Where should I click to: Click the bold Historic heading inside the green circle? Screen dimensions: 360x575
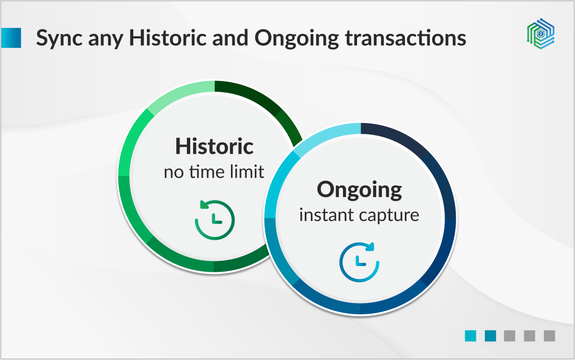(214, 146)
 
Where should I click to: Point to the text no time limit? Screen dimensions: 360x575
(214, 171)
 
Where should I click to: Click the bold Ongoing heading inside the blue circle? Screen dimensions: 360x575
(359, 190)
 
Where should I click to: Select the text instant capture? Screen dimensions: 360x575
(359, 215)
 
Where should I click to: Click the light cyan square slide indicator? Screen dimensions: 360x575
(470, 336)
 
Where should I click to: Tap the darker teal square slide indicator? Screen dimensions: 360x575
(490, 336)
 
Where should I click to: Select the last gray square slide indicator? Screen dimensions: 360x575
(549, 336)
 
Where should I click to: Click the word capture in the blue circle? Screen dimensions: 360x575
(391, 215)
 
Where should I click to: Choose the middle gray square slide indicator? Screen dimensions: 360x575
(529, 336)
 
